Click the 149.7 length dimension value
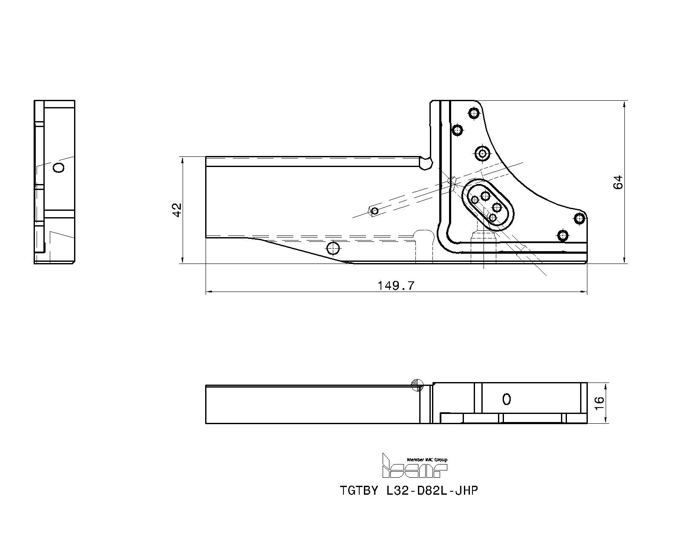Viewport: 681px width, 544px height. (396, 286)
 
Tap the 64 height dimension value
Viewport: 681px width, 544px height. (618, 182)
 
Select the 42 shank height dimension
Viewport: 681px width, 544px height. (177, 210)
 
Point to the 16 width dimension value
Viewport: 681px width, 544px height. (600, 403)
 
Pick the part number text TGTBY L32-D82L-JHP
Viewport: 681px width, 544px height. (409, 490)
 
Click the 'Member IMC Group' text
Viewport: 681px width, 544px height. (427, 459)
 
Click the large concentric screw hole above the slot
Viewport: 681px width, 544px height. (482, 154)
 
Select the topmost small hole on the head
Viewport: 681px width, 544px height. (474, 113)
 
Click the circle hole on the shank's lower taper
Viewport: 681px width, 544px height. (334, 249)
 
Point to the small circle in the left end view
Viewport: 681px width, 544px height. (59, 167)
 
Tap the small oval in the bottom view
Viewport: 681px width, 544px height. (506, 399)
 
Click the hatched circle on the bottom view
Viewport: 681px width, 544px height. (418, 385)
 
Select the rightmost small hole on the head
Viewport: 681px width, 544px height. (579, 219)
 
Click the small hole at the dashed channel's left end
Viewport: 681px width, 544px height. (375, 211)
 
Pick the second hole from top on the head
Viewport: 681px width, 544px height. (458, 130)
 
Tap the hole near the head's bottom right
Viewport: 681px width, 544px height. (563, 235)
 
